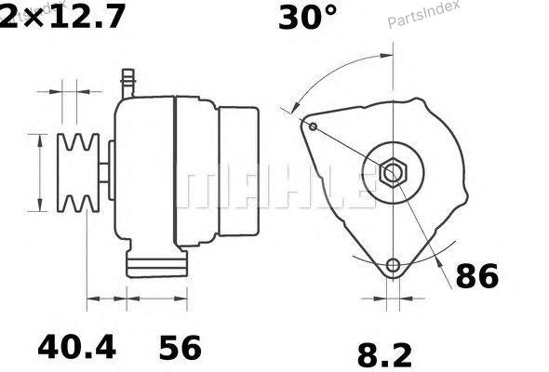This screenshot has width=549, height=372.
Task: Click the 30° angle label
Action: point(308,18)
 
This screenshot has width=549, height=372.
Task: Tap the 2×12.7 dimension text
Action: point(61,17)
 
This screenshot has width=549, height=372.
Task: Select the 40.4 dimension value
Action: point(76,347)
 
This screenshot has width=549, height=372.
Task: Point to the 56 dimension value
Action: point(181,348)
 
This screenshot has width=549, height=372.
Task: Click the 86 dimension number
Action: point(476,276)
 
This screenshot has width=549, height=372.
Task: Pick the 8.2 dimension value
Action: point(384,355)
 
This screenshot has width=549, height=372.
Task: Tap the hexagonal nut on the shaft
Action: point(394,173)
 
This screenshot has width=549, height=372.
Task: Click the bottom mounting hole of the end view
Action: point(394,266)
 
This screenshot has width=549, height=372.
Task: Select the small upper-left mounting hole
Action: point(314,126)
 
